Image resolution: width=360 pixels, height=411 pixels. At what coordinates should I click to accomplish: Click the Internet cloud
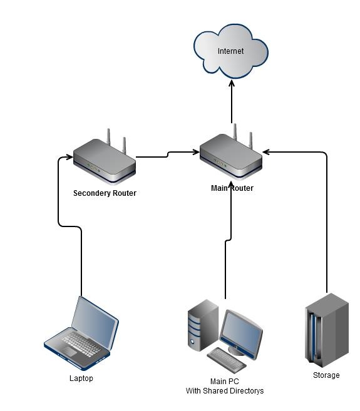pyautogui.click(x=231, y=51)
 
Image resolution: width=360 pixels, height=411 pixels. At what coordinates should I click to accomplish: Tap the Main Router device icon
pyautogui.click(x=231, y=159)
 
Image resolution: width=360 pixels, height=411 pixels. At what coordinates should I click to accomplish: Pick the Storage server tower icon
pyautogui.click(x=326, y=329)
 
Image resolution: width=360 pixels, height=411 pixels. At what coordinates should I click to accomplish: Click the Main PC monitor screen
pyautogui.click(x=241, y=332)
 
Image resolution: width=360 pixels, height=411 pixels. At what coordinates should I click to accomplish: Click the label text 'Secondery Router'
pyautogui.click(x=105, y=193)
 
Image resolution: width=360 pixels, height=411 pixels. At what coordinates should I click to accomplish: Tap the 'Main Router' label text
pyautogui.click(x=232, y=188)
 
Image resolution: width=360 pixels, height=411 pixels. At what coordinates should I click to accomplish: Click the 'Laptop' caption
pyautogui.click(x=81, y=378)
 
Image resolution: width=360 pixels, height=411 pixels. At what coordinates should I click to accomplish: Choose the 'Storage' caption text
pyautogui.click(x=326, y=375)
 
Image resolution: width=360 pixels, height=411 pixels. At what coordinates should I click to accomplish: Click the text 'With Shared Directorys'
pyautogui.click(x=225, y=391)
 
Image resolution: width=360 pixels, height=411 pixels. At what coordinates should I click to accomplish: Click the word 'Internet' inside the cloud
pyautogui.click(x=231, y=51)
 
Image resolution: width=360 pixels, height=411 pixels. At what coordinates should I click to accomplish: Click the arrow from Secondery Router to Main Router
pyautogui.click(x=166, y=154)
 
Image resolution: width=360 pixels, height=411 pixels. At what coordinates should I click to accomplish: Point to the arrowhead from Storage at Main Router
pyautogui.click(x=267, y=151)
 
